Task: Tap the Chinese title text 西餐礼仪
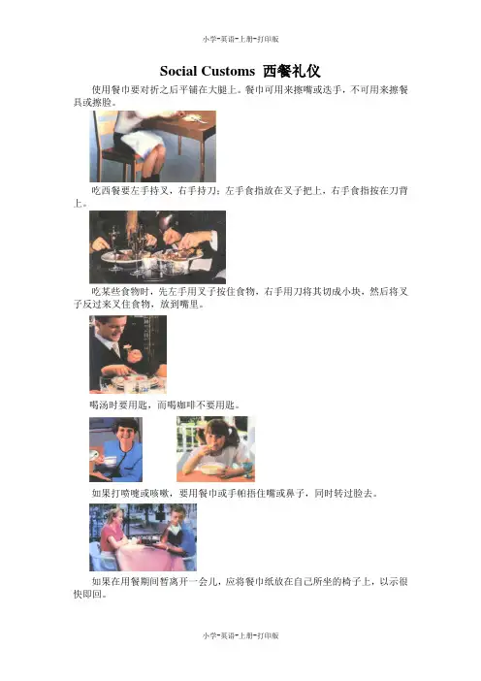(291, 71)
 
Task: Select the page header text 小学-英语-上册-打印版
(240, 39)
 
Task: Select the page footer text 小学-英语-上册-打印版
(240, 635)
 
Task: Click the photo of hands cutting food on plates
(157, 247)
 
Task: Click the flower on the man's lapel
(127, 347)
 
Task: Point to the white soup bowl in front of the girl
(212, 469)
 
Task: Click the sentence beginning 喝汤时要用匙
(165, 405)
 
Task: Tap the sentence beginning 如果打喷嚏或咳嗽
(235, 494)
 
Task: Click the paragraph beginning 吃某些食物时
(240, 298)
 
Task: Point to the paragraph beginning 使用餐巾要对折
(240, 96)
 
